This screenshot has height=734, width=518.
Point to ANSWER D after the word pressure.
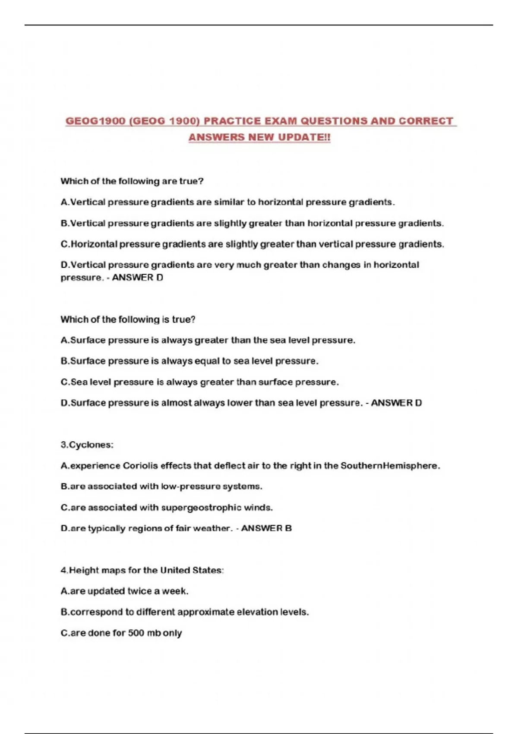[x=137, y=278]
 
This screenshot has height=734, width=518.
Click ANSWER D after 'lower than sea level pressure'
[x=396, y=403]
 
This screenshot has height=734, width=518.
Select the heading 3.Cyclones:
[x=87, y=445]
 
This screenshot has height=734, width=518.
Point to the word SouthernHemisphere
[x=390, y=465]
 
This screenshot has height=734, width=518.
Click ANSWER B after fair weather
[x=266, y=528]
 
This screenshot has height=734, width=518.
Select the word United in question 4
[x=175, y=570]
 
